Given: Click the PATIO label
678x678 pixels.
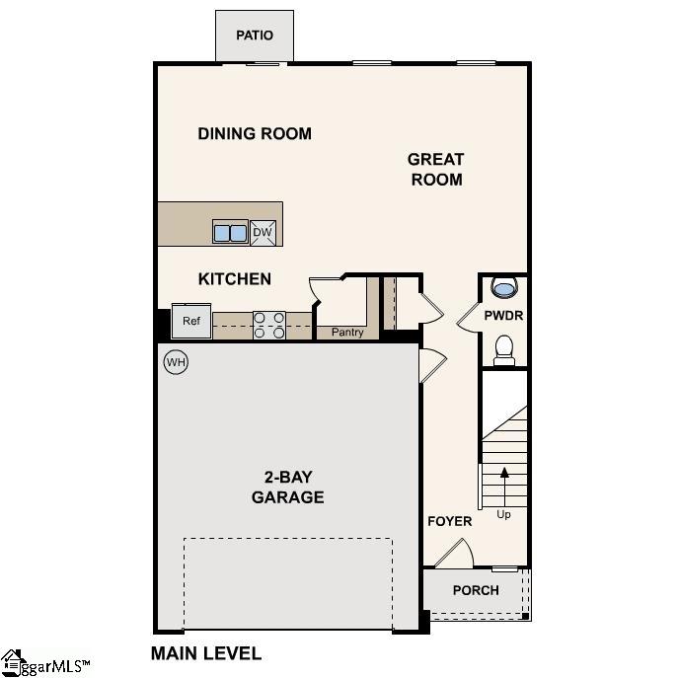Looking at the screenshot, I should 254,36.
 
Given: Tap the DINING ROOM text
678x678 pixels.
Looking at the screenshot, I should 255,133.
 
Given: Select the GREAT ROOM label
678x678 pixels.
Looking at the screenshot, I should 435,169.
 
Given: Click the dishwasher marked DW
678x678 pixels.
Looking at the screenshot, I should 263,233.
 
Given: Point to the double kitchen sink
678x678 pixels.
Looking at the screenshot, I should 231,233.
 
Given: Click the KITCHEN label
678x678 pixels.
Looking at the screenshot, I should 235,279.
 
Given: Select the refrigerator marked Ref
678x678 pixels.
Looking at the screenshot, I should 190,322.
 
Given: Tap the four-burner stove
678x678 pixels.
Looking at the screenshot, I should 269,325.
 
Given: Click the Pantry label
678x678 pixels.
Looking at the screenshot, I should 347,333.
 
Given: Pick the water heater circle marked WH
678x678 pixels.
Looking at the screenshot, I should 176,362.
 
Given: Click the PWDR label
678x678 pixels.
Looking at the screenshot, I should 503,316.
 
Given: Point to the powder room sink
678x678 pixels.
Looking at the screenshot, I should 503,289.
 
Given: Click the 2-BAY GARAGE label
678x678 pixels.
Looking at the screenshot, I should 287,488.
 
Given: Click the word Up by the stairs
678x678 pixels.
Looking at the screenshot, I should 504,514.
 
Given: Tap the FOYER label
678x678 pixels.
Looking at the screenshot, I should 449,521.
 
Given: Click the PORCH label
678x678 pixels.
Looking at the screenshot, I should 476,590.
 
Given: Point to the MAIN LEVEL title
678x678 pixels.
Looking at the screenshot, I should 205,653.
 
